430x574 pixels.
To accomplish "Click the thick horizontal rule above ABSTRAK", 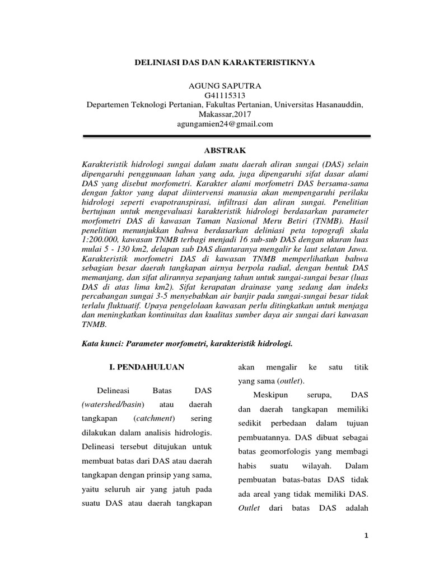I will point(226,136).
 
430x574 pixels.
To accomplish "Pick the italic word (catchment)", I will point(155,418).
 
